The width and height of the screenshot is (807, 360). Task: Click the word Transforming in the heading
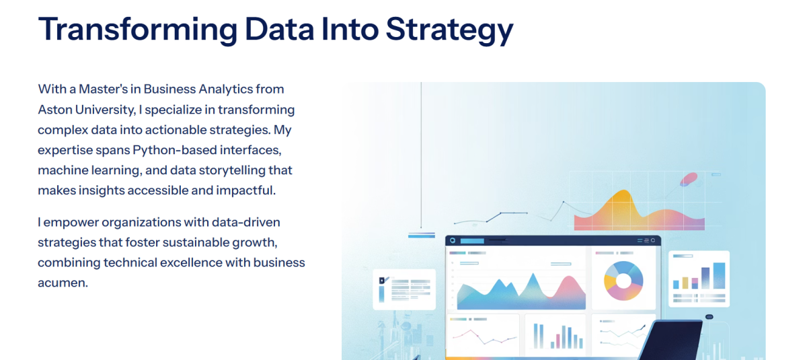tap(138, 30)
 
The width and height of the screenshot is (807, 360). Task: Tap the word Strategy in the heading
tap(449, 31)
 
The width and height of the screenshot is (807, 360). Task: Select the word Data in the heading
tap(279, 29)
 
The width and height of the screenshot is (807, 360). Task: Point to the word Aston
tap(54, 110)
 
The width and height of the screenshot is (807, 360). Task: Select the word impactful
tap(245, 190)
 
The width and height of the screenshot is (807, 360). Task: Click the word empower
tap(70, 223)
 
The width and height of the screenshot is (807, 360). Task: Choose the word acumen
tap(63, 283)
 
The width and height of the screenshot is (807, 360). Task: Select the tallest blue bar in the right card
tap(719, 276)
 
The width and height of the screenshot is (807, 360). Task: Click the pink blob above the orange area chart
tap(689, 179)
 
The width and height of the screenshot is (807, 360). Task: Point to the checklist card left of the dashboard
tap(404, 289)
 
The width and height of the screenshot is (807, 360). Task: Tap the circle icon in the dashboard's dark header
tap(453, 241)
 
